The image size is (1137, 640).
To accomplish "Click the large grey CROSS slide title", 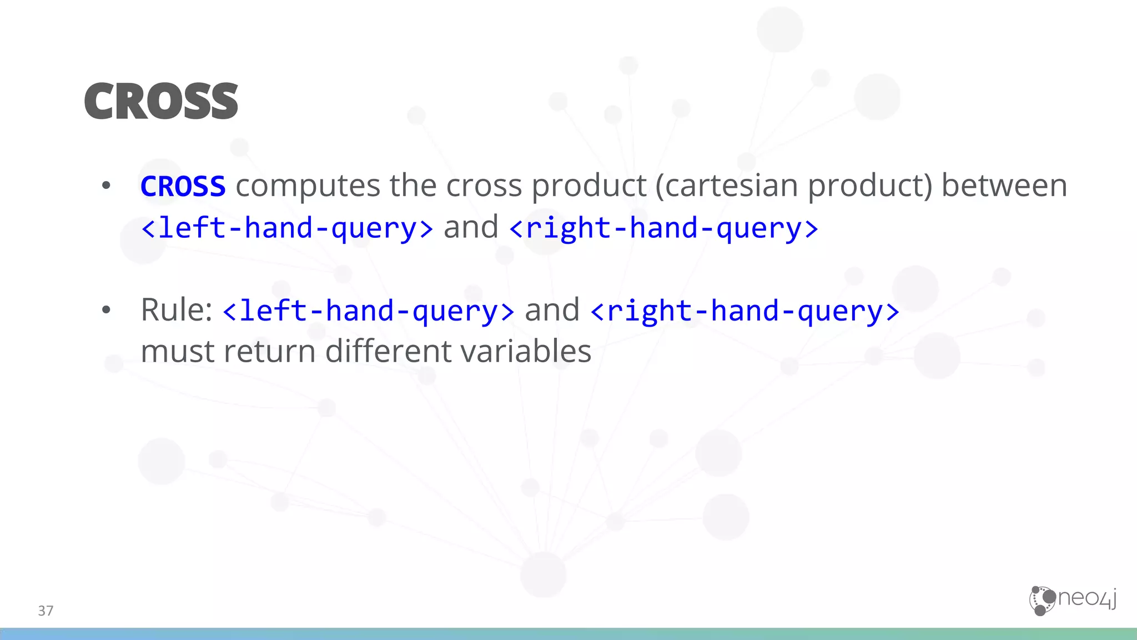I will (x=161, y=101).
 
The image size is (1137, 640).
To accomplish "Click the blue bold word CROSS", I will (x=183, y=186).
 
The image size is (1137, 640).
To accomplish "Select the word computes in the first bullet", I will (x=308, y=186).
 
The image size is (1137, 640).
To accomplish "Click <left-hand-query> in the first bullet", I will (x=286, y=228).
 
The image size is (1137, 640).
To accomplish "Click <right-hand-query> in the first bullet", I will (x=663, y=228).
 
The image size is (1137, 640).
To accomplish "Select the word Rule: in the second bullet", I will (x=177, y=309).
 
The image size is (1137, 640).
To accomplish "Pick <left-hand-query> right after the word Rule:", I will (x=368, y=311).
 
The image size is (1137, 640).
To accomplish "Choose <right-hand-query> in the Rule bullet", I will (x=744, y=311).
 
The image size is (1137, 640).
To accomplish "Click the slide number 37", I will (x=46, y=611).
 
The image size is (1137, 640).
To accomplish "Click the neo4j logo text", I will (x=1087, y=598).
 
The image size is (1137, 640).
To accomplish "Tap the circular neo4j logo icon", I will (x=1042, y=601).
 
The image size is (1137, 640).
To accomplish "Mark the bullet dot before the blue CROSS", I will (x=106, y=186).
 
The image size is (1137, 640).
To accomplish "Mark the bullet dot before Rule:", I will (x=106, y=310).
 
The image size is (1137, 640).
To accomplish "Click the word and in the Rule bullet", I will (x=552, y=310).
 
